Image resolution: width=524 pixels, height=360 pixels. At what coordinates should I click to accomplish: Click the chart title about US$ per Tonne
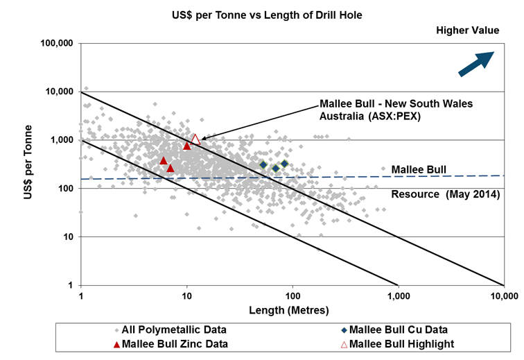point(261,13)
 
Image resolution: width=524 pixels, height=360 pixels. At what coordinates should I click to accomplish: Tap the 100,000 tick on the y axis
point(59,43)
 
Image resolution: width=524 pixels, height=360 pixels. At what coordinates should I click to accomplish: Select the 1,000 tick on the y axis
point(64,140)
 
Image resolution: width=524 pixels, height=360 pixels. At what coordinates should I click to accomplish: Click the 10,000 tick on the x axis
point(504,296)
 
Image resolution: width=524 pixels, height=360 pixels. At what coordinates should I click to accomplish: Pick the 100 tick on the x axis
point(292,296)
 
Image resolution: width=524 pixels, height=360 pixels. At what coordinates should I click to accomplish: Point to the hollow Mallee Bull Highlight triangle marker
point(195,139)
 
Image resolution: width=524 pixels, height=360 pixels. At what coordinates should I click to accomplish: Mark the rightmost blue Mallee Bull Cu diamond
point(283,164)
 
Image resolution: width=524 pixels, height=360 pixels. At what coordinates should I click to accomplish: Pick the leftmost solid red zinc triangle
point(164,161)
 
